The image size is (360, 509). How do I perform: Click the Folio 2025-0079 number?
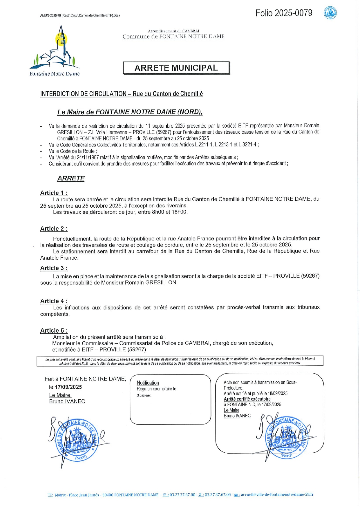[x=284, y=13]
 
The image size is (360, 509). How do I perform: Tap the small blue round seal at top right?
[x=330, y=13]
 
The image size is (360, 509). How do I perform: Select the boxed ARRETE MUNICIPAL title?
[x=176, y=68]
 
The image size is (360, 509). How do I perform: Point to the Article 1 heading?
[x=54, y=193]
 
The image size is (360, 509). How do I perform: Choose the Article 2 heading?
[x=54, y=229]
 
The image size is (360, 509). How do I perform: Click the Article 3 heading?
[x=54, y=268]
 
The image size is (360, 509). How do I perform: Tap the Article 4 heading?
[x=54, y=301]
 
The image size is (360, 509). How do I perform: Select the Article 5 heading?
[x=54, y=330]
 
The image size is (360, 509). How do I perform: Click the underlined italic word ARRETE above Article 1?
[x=71, y=178]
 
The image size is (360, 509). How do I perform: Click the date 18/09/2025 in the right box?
[x=278, y=393]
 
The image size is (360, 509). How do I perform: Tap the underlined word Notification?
[x=148, y=383]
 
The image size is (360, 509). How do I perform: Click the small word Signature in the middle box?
[x=144, y=395]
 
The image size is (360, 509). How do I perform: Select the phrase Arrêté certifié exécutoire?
[x=247, y=399]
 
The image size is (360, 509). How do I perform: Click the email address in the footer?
[x=277, y=494]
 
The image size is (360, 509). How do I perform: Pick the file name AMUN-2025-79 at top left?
[x=80, y=15]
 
